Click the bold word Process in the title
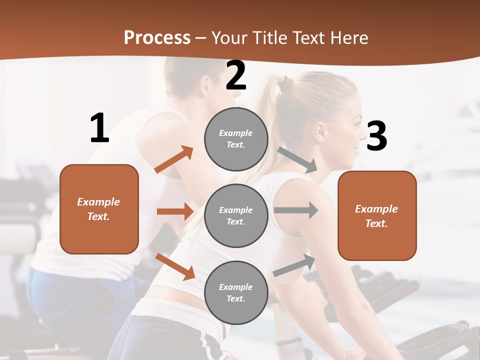[x=157, y=38]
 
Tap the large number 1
[x=99, y=128]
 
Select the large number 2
[x=236, y=76]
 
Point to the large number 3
[x=376, y=136]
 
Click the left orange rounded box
[x=99, y=209]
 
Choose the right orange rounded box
[x=377, y=215]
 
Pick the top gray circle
[x=236, y=139]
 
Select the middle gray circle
[x=236, y=215]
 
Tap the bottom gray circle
[x=236, y=292]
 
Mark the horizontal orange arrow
[x=175, y=211]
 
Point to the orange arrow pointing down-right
[x=175, y=266]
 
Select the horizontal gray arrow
[x=296, y=210]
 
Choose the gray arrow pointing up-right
[x=294, y=265]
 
